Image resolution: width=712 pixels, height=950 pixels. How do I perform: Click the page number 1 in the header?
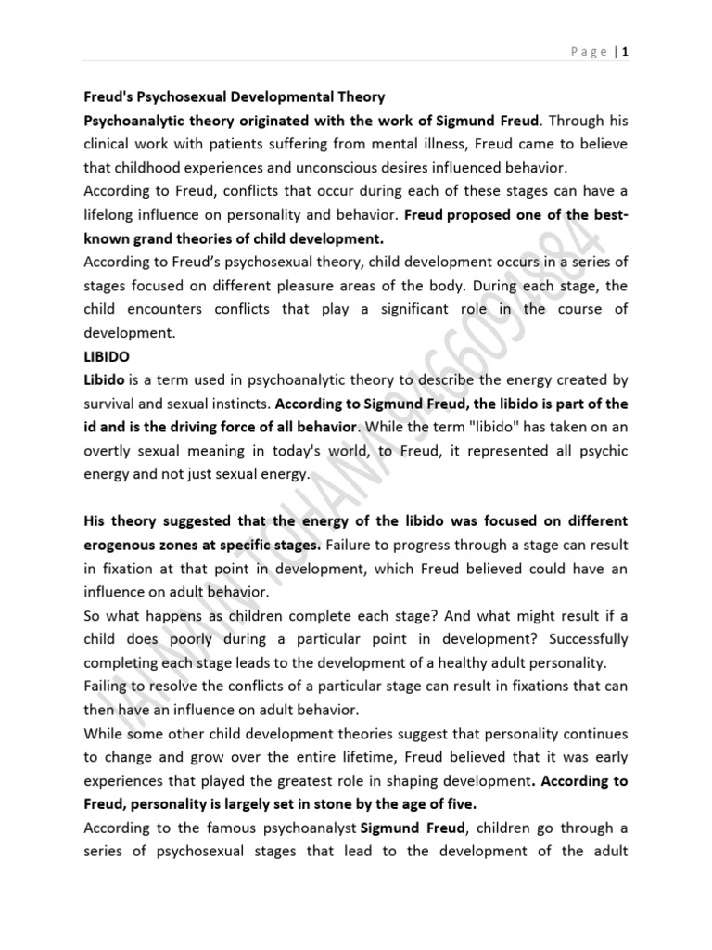click(627, 53)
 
